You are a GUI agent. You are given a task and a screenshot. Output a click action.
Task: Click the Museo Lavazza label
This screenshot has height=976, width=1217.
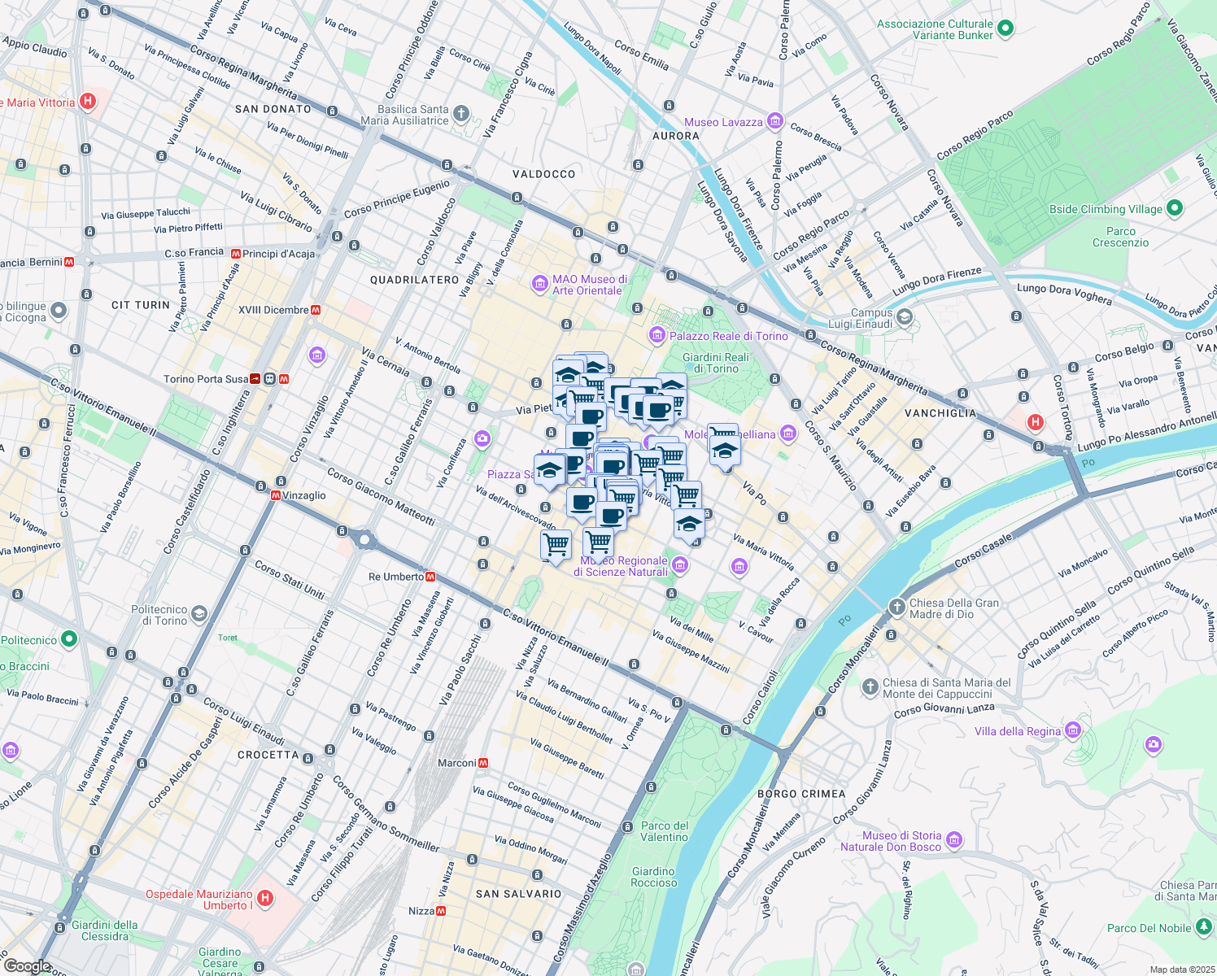click(x=723, y=122)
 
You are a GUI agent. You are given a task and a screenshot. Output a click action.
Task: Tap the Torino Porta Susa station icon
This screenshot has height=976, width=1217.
click(x=270, y=379)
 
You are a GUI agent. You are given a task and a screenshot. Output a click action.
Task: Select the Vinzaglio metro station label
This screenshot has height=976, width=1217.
click(x=303, y=495)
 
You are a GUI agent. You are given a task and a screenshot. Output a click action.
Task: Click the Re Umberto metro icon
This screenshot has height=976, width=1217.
click(x=430, y=577)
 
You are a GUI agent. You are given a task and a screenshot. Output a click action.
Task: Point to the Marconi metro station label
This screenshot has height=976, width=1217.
click(x=456, y=763)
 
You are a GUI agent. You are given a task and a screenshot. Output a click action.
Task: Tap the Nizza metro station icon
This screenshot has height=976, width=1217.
click(x=441, y=911)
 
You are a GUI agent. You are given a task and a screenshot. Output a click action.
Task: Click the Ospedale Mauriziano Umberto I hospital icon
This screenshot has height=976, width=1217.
click(x=264, y=899)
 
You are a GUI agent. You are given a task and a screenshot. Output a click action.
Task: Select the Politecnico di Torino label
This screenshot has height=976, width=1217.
click(x=159, y=615)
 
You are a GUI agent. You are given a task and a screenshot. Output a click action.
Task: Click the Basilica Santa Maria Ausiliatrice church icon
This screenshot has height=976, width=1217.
click(x=461, y=113)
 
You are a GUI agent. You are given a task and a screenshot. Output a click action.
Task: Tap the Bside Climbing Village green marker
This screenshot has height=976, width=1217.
click(x=1174, y=208)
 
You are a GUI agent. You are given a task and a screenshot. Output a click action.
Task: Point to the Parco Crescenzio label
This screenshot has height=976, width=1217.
click(x=1120, y=237)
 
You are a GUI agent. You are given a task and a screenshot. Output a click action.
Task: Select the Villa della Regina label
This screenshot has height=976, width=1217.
click(x=1018, y=731)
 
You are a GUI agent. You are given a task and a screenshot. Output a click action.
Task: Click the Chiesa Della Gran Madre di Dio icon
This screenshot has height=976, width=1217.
click(x=896, y=607)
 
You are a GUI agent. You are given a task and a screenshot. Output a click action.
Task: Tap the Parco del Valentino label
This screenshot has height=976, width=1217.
click(x=665, y=831)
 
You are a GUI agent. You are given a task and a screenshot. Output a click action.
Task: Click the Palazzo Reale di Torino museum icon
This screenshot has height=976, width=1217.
click(x=657, y=335)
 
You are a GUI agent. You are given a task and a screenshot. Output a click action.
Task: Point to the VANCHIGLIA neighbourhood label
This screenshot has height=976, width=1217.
click(x=940, y=413)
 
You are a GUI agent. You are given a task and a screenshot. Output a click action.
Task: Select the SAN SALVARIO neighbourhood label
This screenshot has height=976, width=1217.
click(x=518, y=894)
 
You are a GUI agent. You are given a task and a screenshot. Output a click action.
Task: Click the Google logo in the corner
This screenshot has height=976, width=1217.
click(x=27, y=966)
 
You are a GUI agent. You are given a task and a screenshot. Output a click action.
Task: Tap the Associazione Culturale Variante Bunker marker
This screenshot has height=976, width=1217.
click(x=1005, y=28)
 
